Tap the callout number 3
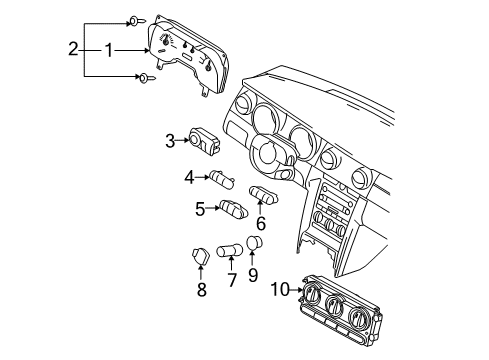click(171, 141)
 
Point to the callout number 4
click(188, 178)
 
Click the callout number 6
click(262, 225)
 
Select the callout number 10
click(281, 289)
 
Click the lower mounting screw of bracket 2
click(146, 77)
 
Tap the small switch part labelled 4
click(221, 179)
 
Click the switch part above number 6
click(264, 193)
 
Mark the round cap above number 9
click(255, 243)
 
